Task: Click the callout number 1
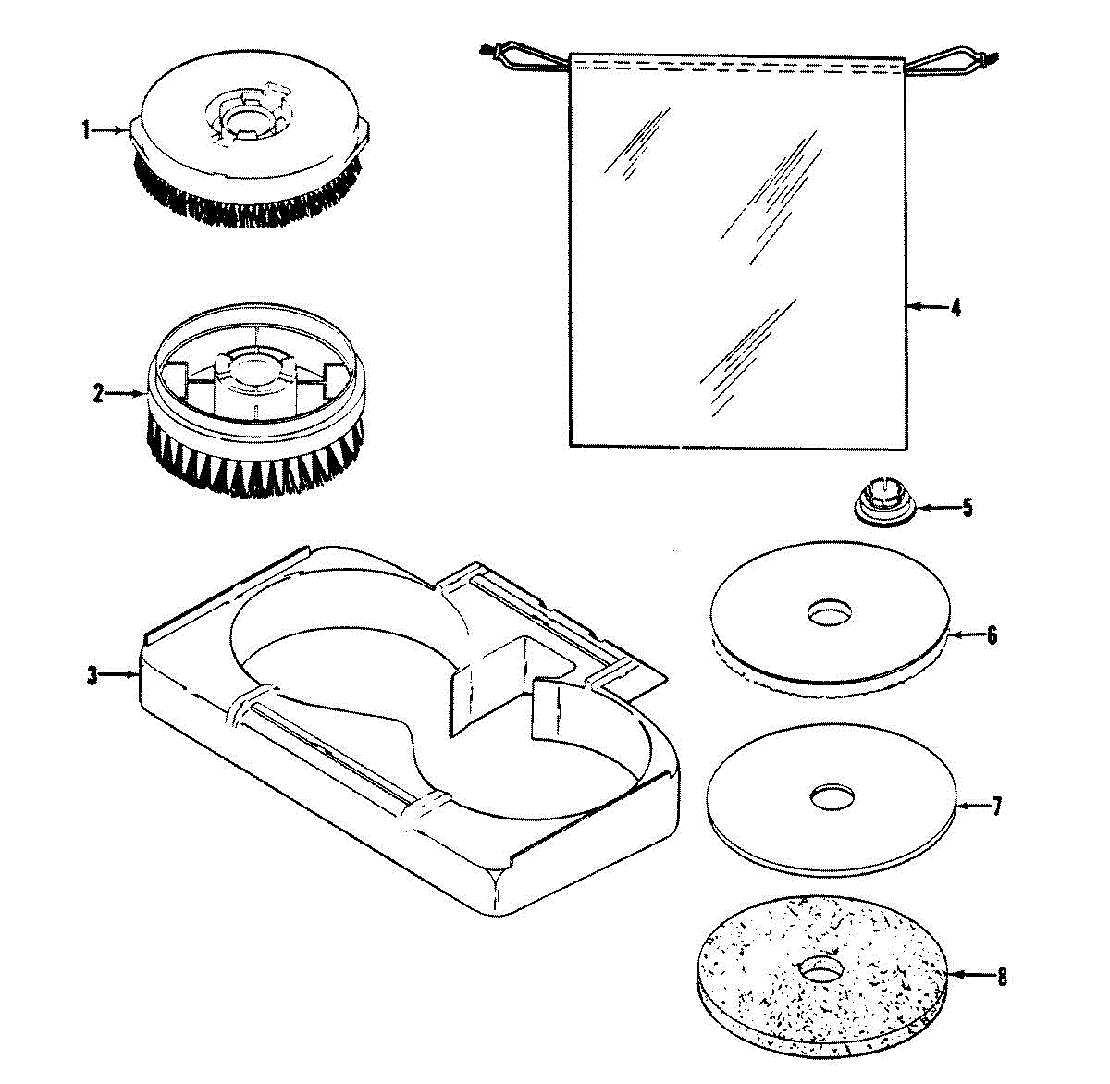(86, 130)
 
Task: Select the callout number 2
(97, 394)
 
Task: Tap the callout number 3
(92, 676)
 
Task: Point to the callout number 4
(956, 307)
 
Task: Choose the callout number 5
(967, 508)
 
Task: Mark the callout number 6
(992, 635)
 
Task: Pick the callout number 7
(996, 806)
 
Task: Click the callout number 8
(1002, 976)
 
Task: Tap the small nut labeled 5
(882, 505)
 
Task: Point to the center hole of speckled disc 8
(820, 969)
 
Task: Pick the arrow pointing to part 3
(119, 676)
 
